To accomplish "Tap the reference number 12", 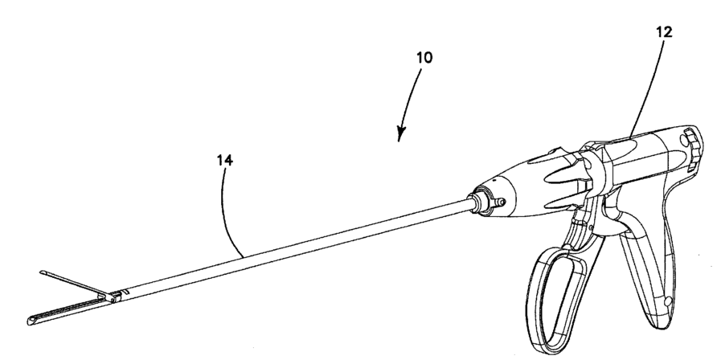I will tap(664, 32).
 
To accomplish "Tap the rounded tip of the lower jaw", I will tap(31, 319).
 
